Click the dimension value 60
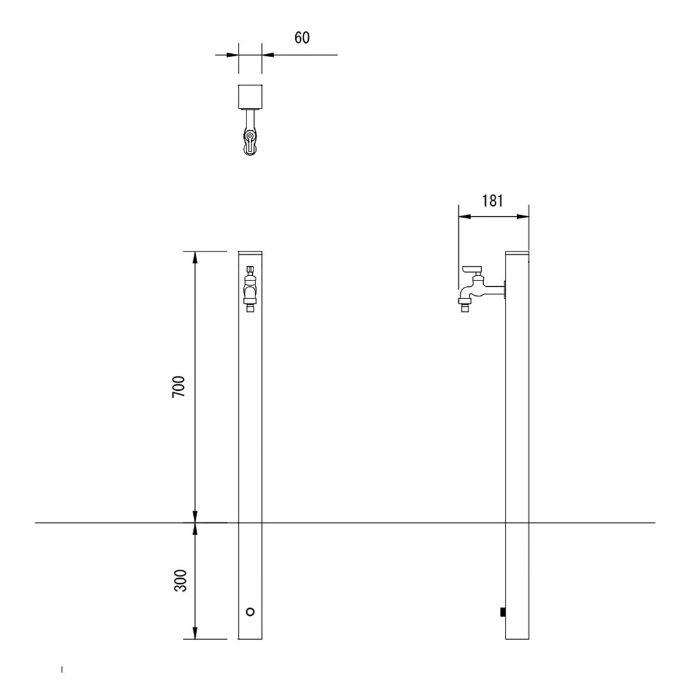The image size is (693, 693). click(x=302, y=38)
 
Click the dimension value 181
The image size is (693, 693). click(x=492, y=201)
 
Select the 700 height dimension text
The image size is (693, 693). click(x=179, y=387)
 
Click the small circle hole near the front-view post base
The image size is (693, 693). click(x=250, y=612)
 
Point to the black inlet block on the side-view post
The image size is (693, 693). click(x=503, y=612)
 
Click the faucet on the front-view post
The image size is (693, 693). click(x=250, y=289)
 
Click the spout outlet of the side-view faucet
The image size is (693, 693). click(x=465, y=305)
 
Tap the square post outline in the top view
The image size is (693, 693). click(x=251, y=96)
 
